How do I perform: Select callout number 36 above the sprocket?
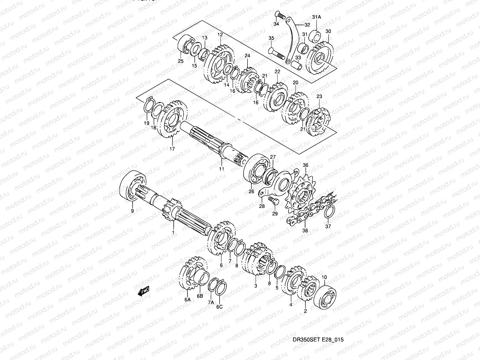point(305,165)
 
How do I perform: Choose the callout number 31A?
point(316,17)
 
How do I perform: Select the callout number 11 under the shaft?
point(221,169)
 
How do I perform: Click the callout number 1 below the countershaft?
point(173,232)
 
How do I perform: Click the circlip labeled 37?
point(329,213)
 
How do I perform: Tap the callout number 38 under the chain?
point(305,231)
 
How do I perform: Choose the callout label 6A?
point(187,299)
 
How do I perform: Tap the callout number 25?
point(181,61)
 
